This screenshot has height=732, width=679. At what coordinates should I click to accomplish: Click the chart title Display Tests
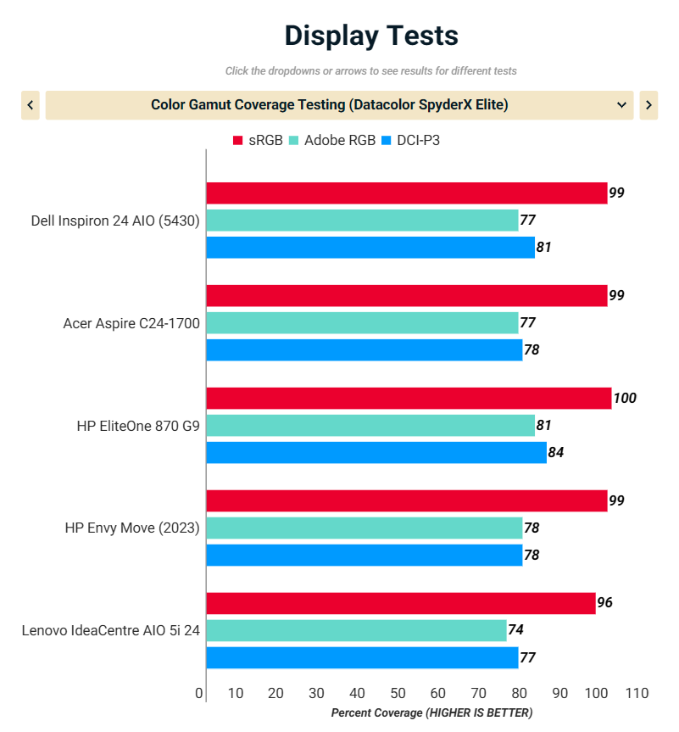click(x=371, y=36)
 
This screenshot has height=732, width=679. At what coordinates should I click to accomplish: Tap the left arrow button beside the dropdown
click(x=31, y=105)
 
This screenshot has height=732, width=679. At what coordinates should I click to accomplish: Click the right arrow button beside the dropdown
click(x=648, y=105)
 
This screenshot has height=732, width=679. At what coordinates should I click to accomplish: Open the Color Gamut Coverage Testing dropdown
click(x=339, y=105)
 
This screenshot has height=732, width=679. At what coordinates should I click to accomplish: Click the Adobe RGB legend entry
click(x=331, y=141)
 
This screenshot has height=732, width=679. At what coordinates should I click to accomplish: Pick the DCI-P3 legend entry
click(x=410, y=141)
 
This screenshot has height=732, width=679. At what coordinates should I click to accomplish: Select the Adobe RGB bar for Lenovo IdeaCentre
click(x=356, y=630)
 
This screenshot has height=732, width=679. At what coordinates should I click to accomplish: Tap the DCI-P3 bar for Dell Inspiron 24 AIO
click(x=370, y=248)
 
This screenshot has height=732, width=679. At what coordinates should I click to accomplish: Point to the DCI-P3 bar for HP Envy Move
click(x=365, y=555)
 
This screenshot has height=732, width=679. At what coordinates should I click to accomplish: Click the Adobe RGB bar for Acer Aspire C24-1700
click(x=362, y=322)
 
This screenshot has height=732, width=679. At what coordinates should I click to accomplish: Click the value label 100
click(x=625, y=398)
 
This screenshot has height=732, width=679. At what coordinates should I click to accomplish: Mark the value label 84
click(x=556, y=452)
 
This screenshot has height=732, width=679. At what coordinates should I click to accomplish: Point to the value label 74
click(x=515, y=630)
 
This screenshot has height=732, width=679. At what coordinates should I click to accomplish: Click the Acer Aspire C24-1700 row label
click(x=131, y=323)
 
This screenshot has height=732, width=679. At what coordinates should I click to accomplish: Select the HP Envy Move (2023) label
click(x=132, y=528)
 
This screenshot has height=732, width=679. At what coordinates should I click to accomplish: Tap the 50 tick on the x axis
click(x=398, y=694)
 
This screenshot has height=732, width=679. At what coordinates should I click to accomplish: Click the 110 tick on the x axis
click(x=636, y=694)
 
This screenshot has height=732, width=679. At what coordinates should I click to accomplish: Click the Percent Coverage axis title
click(x=431, y=713)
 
